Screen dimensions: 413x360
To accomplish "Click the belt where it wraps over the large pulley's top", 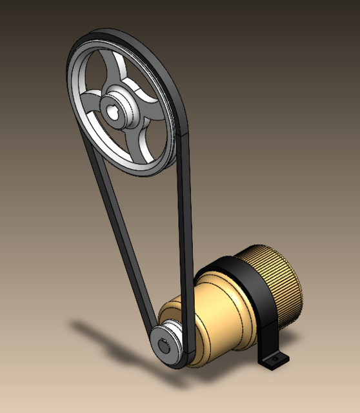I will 116,33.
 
